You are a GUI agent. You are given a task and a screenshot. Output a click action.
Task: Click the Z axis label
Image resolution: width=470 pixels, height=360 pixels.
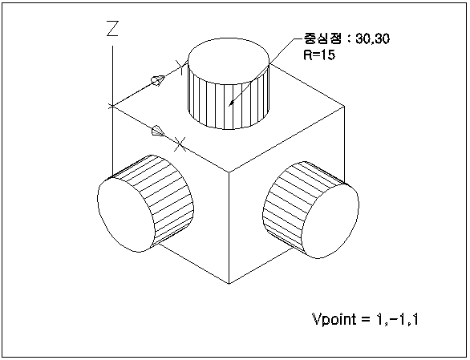pyautogui.click(x=113, y=29)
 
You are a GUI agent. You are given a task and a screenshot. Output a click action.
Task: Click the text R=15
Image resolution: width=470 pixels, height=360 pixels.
pyautogui.click(x=319, y=55)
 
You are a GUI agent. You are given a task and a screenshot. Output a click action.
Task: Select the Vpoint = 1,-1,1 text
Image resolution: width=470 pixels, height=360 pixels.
pyautogui.click(x=365, y=319)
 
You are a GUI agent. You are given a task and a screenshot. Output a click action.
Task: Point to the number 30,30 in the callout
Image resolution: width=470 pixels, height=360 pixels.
pyautogui.click(x=373, y=39)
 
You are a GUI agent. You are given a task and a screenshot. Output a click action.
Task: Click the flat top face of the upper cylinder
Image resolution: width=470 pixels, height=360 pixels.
pyautogui.click(x=229, y=61)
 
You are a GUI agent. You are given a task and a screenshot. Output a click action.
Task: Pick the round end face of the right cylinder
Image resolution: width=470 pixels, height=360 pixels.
pyautogui.click(x=331, y=221)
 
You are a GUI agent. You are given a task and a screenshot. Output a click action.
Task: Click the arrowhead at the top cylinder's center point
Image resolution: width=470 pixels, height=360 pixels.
pyautogui.click(x=231, y=103)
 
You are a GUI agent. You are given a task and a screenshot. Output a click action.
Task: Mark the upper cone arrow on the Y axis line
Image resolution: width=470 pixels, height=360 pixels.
pyautogui.click(x=158, y=80)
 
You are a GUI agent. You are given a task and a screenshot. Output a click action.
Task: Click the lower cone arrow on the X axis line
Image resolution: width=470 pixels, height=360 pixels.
pyautogui.click(x=158, y=131)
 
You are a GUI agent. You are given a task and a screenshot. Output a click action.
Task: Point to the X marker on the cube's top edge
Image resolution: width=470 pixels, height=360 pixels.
pyautogui.click(x=180, y=144)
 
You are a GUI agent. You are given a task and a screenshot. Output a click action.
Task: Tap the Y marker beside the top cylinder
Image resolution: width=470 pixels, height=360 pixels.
pyautogui.click(x=180, y=67)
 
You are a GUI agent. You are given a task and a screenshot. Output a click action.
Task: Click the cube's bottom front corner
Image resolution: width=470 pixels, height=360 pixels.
pyautogui.click(x=229, y=283)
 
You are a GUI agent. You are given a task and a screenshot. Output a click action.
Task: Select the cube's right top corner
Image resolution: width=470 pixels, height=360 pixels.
pyautogui.click(x=344, y=106)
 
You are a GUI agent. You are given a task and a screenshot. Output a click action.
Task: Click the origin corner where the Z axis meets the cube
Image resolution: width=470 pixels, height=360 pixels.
pyautogui.click(x=112, y=106)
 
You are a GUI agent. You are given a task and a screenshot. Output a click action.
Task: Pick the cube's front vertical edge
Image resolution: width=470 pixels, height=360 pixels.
pyautogui.click(x=229, y=228)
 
